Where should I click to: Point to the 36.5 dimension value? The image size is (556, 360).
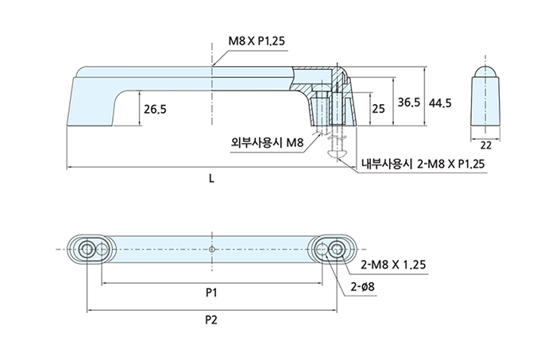coord(408,103)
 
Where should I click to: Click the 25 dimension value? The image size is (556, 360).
coord(378,108)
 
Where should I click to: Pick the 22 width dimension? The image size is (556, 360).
coord(486,145)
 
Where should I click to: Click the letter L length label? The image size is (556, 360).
coord(211,178)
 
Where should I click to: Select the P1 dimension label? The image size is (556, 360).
coord(211,293)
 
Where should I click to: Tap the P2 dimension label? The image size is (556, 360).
coord(211,320)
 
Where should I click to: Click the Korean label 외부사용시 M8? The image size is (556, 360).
coord(267,143)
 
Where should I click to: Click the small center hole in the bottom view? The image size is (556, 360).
coord(211,249)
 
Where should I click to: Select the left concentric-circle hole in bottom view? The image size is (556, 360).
coord(87,249)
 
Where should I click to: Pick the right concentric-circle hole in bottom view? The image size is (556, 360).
coord(337,249)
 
